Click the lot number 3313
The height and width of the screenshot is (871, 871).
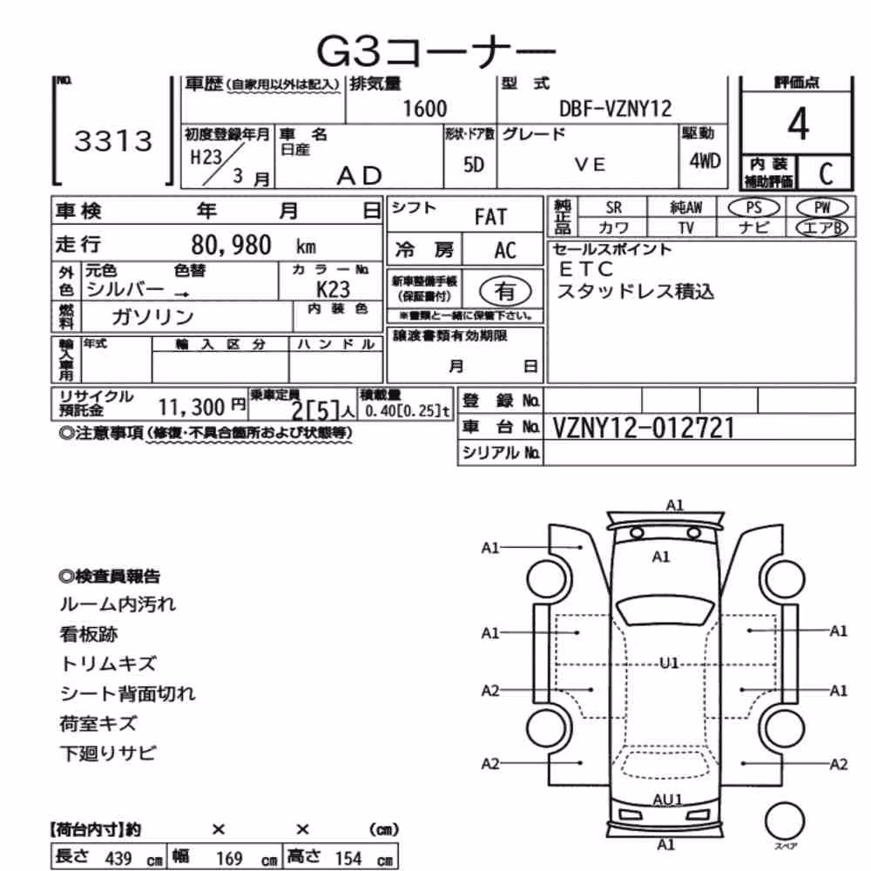(113, 141)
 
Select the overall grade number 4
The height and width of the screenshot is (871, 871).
(798, 124)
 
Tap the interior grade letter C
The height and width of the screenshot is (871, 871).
(826, 174)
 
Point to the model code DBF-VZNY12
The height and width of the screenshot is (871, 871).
(616, 108)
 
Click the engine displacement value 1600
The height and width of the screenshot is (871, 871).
(425, 108)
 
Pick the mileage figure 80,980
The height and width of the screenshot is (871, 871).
(231, 245)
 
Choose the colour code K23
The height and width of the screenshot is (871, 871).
(334, 289)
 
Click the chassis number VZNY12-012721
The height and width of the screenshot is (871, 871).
(644, 428)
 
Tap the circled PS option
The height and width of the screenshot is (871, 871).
(753, 208)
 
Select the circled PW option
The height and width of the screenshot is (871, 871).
(822, 208)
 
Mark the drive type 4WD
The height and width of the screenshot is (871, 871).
(705, 161)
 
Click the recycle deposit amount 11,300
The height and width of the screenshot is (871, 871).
(192, 407)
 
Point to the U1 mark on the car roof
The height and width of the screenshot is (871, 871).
(669, 663)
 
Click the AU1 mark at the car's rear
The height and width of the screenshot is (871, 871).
(667, 800)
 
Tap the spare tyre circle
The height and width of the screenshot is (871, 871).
(785, 821)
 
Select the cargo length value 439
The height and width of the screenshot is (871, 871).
(118, 859)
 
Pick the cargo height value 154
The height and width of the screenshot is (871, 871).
(348, 859)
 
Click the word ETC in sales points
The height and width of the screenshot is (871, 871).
(586, 269)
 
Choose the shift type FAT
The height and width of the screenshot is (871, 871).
(491, 217)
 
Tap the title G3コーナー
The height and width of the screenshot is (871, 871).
(436, 51)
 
